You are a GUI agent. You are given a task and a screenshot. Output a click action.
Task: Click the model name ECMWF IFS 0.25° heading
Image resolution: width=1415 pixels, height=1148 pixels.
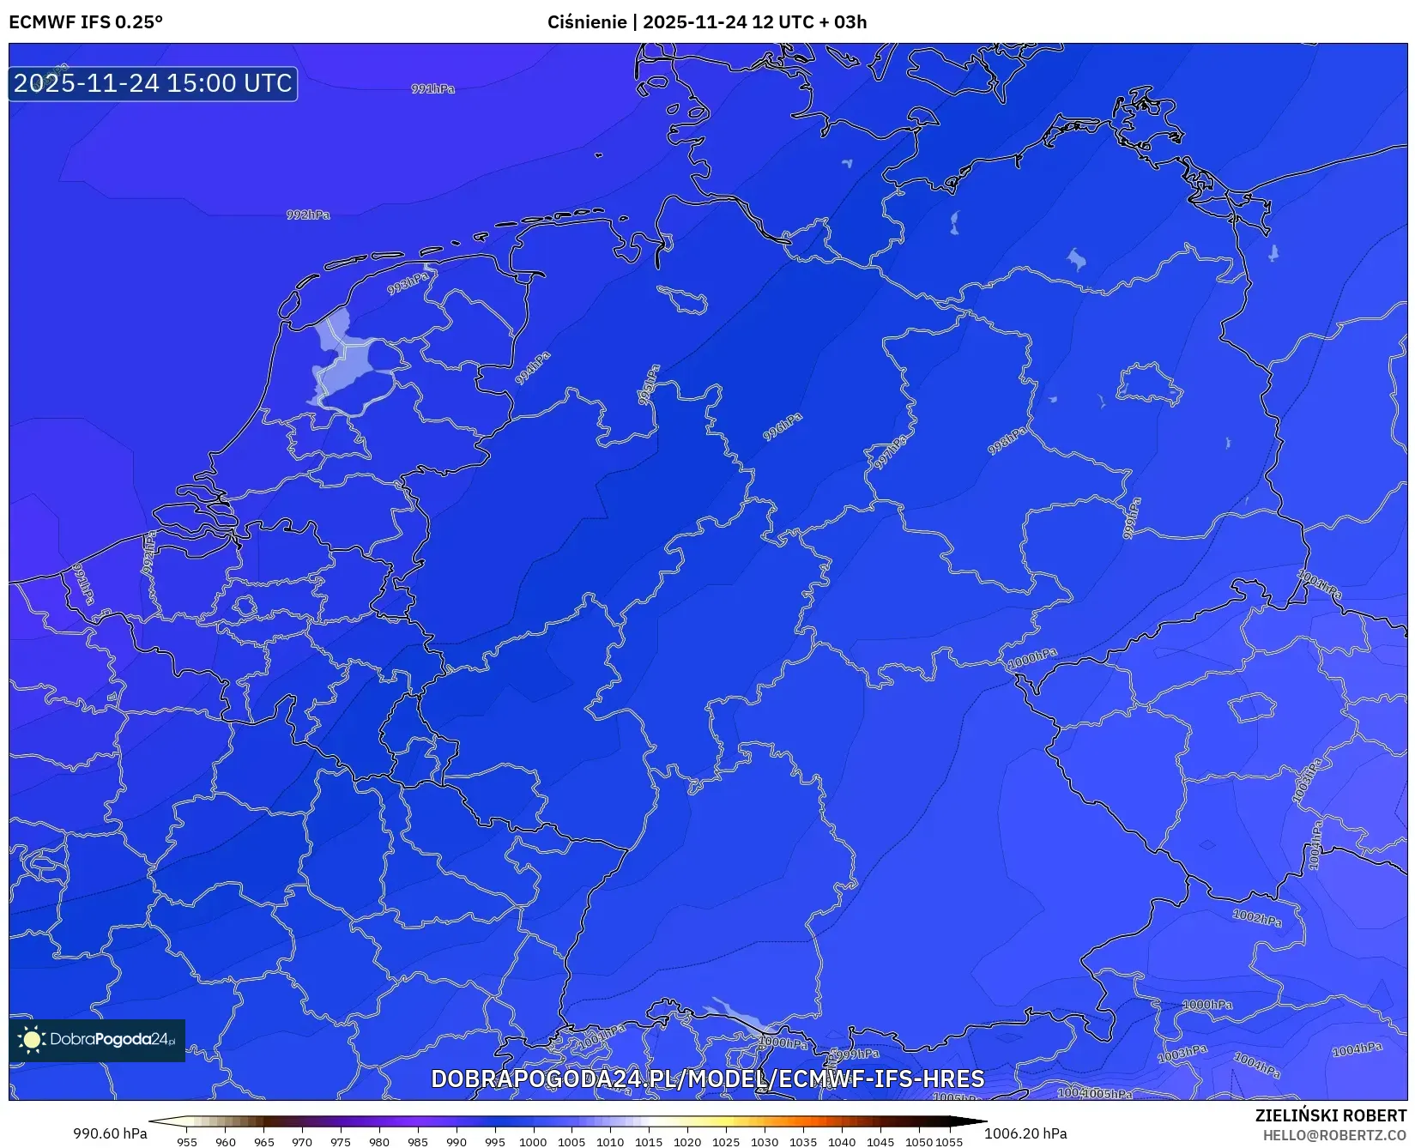click(86, 22)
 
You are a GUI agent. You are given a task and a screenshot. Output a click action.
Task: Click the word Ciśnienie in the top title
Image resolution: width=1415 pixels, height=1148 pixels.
click(586, 22)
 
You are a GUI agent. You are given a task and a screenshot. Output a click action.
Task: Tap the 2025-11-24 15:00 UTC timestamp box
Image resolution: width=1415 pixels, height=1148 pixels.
click(153, 83)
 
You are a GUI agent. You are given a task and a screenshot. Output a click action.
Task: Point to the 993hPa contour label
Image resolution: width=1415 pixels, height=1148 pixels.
click(408, 284)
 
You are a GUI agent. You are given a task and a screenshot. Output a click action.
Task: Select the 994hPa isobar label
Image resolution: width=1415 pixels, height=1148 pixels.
click(533, 368)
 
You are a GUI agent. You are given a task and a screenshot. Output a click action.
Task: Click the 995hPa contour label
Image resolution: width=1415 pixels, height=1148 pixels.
click(649, 385)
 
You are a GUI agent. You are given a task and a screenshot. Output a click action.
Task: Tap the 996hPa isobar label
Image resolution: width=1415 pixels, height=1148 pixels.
click(783, 426)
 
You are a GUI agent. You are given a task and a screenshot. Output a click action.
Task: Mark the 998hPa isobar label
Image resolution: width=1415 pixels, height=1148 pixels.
click(1007, 441)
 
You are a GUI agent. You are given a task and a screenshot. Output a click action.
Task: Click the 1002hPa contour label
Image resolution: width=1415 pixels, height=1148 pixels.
click(1257, 918)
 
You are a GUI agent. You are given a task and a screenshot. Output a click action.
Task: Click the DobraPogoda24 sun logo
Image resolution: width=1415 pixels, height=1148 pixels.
click(33, 1040)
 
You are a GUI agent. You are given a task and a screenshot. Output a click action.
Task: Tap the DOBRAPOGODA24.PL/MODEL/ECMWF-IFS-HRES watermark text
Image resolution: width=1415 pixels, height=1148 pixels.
click(707, 1079)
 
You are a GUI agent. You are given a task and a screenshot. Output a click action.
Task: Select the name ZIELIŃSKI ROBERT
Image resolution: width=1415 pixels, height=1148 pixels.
click(1331, 1115)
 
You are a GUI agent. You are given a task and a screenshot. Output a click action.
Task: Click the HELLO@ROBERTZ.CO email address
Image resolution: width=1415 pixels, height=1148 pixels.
click(1334, 1135)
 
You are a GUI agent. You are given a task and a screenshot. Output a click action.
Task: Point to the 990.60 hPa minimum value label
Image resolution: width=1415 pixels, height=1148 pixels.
click(110, 1133)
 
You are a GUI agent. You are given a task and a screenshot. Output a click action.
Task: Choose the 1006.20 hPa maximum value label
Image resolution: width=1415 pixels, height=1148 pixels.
click(1025, 1133)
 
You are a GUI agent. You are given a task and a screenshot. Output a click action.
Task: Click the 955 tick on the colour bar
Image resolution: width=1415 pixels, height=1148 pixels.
click(187, 1142)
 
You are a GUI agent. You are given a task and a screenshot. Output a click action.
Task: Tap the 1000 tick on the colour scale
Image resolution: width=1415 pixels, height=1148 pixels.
click(533, 1142)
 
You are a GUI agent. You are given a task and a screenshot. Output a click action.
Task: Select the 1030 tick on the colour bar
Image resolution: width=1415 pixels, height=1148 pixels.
click(764, 1142)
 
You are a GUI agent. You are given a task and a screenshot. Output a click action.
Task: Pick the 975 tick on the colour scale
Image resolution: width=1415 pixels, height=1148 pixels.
click(341, 1142)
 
